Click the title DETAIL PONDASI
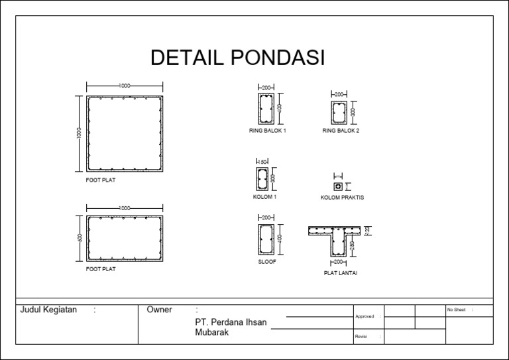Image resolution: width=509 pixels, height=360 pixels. tap(237, 58)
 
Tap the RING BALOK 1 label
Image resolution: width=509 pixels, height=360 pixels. tap(267, 131)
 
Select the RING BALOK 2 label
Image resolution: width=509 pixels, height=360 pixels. tap(341, 131)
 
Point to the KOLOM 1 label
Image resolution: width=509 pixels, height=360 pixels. tap(265, 197)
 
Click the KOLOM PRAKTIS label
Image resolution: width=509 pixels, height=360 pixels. tap(342, 198)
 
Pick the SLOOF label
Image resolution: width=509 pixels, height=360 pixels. tap(267, 262)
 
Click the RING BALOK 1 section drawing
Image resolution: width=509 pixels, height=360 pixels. tap(267, 109)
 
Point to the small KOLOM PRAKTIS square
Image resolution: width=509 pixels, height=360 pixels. tap(337, 186)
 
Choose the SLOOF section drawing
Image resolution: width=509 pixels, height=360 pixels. tap(266, 239)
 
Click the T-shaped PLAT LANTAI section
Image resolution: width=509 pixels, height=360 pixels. tap(338, 239)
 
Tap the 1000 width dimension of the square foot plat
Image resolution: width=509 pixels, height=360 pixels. tap(125, 86)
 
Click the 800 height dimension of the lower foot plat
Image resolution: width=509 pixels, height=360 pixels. tap(80, 238)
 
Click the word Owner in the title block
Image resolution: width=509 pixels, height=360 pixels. tap(159, 310)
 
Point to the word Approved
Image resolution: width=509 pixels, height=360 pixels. tap(365, 316)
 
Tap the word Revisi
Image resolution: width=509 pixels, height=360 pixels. tap(361, 337)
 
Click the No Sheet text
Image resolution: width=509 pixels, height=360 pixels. tap(457, 310)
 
